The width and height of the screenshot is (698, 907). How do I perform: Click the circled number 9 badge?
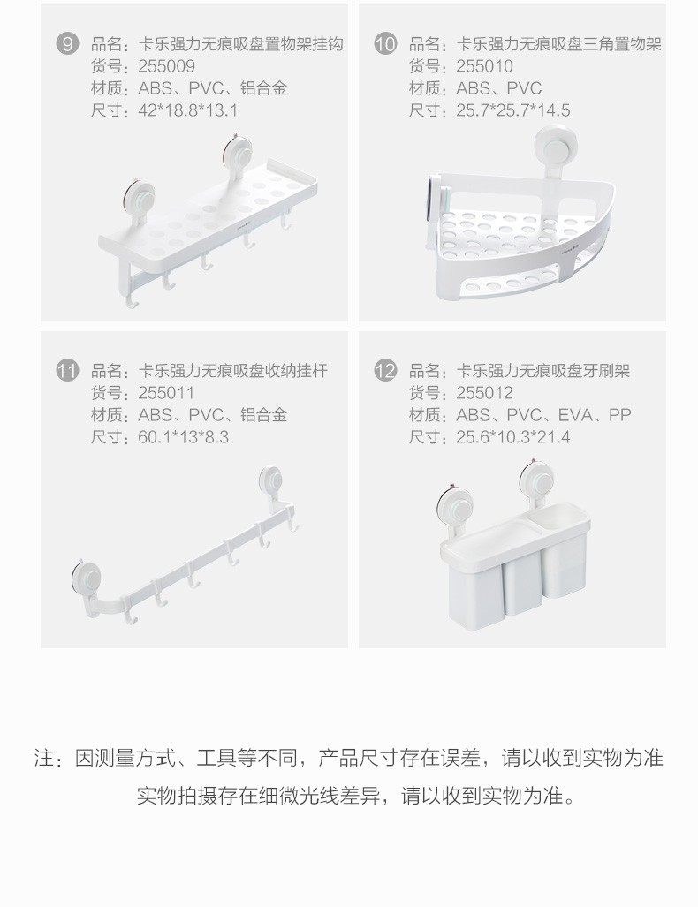point(67,44)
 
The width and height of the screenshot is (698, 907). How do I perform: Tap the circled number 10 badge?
point(385,44)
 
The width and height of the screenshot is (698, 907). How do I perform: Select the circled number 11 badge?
point(67,370)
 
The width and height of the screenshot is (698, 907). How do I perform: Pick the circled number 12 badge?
point(385,370)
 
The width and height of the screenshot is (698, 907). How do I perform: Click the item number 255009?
point(167,66)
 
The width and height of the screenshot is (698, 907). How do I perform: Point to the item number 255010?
point(484,66)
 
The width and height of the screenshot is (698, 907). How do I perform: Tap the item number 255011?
point(166,393)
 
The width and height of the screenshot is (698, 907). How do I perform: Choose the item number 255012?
point(484,393)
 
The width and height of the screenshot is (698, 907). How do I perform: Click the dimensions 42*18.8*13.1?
point(188,110)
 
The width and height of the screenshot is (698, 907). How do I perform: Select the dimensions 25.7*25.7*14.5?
point(513,110)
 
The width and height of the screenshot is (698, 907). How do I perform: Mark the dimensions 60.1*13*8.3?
point(184,437)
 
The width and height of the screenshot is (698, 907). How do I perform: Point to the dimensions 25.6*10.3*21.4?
point(513,437)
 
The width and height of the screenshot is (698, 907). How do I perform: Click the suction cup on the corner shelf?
point(555,147)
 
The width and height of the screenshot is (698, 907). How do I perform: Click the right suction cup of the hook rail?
point(271,480)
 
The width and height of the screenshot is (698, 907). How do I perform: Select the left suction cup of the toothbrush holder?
point(456,504)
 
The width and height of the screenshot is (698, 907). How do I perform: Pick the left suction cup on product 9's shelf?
point(139,200)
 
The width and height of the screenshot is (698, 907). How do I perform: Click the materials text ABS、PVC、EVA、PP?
point(543,415)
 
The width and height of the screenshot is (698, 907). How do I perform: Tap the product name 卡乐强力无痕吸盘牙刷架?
point(542,370)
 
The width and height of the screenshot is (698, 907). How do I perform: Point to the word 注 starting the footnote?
point(44,758)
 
